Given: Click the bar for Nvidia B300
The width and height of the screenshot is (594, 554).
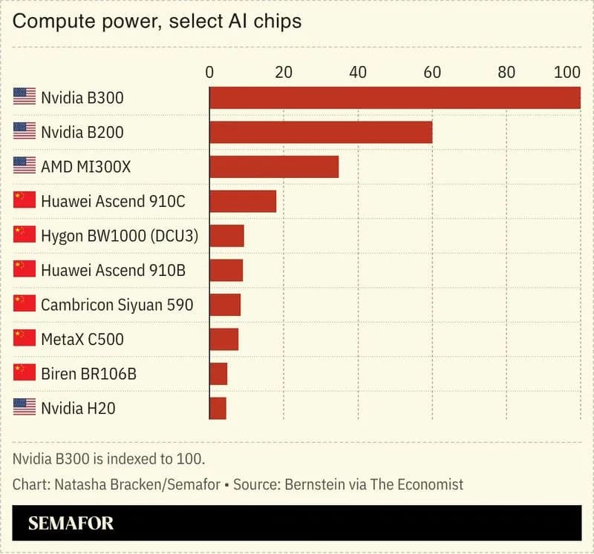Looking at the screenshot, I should (x=394, y=98).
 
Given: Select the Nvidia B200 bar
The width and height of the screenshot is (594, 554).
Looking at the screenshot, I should (x=321, y=132).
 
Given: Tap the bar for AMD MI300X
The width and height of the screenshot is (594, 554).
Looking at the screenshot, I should (x=274, y=167).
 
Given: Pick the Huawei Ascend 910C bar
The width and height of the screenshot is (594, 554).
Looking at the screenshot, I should (x=243, y=201).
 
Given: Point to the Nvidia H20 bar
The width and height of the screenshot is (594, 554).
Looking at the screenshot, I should (x=218, y=408).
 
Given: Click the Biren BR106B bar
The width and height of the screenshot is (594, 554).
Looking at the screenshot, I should (x=218, y=374).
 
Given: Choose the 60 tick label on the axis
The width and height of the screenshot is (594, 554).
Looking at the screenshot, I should (x=431, y=73).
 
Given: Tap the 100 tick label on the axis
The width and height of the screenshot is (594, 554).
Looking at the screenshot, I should (x=567, y=73).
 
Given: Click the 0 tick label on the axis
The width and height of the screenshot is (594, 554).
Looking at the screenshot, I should (x=209, y=73).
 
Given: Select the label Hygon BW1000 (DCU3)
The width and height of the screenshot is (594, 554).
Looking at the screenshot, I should (x=125, y=236).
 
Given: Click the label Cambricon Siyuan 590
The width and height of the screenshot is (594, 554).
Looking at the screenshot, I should (x=117, y=305).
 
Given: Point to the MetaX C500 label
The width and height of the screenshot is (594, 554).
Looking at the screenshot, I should (x=82, y=340).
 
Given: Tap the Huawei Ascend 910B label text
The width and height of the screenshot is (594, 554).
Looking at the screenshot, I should (x=113, y=271).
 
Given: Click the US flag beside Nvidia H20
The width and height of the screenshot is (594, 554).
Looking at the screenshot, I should (x=25, y=407).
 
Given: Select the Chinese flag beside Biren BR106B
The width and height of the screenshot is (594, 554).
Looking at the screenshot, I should (x=25, y=373).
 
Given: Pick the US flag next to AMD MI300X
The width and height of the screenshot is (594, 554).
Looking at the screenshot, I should (x=25, y=166).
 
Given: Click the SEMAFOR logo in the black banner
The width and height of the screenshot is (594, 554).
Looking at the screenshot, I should (x=71, y=524).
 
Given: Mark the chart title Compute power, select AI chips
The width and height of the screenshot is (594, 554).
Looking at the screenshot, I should (x=157, y=21).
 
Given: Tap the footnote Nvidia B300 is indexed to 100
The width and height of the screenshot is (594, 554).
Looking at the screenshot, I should (x=108, y=458).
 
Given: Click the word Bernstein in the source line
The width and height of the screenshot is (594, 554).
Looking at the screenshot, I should (x=311, y=484).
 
